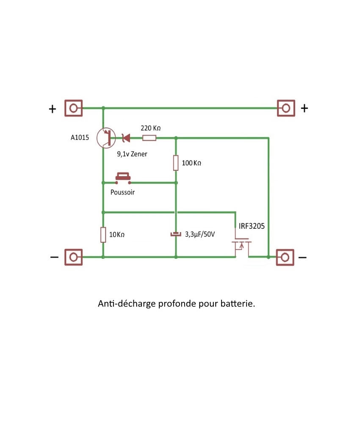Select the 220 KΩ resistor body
coord(149,138)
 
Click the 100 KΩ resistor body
coord(176,163)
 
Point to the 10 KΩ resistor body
coord(103,235)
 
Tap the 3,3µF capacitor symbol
coord(175,234)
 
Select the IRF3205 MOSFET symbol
coord(240,247)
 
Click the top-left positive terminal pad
coord(73,108)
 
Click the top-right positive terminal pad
coord(285,108)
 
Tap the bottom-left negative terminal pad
coord(73,257)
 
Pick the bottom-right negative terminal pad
coord(285,257)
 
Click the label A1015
coord(80,138)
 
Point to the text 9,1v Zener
coord(132,154)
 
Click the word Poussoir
coord(122,192)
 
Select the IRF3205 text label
coord(252,226)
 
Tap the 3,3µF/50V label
coord(200,234)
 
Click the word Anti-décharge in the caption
coord(127,304)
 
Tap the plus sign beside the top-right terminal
coord(304,108)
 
